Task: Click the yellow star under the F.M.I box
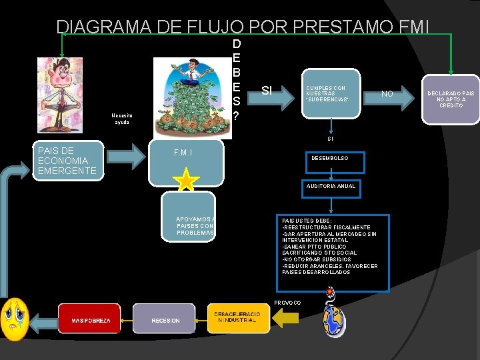tap(186, 179)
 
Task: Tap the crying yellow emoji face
tap(14, 319)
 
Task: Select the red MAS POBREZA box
tap(89, 319)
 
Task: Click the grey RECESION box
tap(164, 319)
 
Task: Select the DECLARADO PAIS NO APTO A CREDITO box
tap(451, 98)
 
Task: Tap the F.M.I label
tap(183, 153)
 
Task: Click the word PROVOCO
tap(287, 303)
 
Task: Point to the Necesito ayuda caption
tap(121, 119)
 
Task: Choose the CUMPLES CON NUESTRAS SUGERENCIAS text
tap(327, 94)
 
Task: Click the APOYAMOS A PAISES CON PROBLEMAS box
tap(195, 225)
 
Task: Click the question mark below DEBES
tap(237, 116)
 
